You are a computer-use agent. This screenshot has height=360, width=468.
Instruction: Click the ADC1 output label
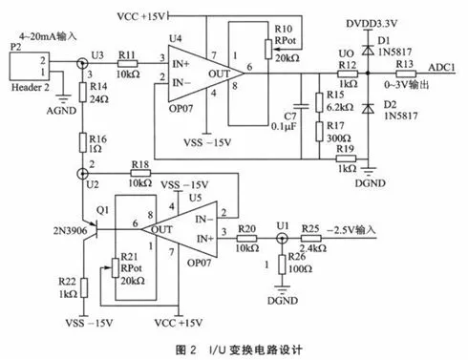440,65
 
